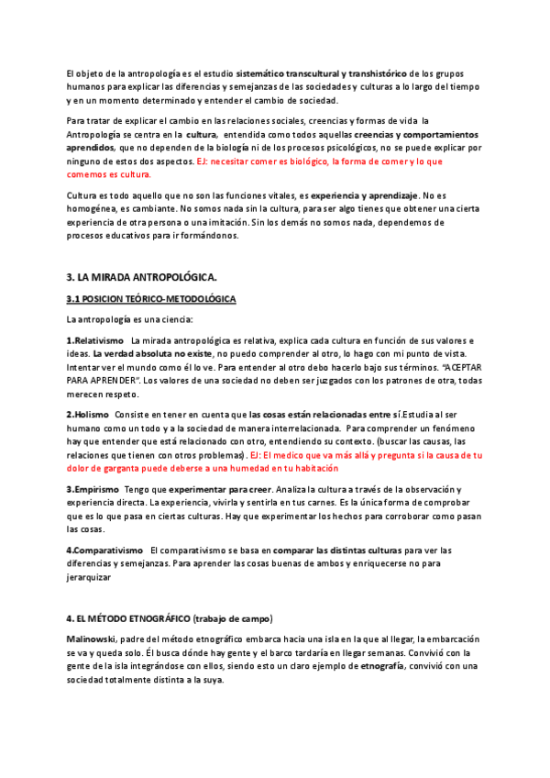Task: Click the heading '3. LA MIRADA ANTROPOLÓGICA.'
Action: coord(141,278)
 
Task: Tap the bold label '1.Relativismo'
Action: coord(95,341)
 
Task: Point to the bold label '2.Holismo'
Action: coord(87,415)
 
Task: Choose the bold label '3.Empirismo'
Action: coord(93,490)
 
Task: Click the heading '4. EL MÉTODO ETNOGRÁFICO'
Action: coord(128,617)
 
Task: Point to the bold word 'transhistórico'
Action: coord(376,72)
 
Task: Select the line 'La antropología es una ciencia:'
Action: coord(129,319)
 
